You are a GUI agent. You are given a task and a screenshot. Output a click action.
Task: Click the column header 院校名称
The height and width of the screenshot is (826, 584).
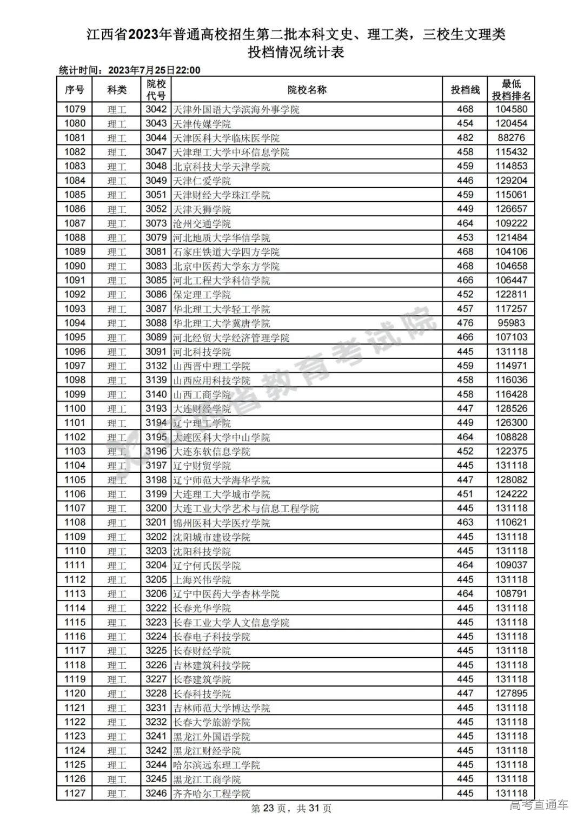point(307,90)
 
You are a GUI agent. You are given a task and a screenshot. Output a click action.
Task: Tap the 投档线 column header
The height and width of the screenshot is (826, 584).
point(465,90)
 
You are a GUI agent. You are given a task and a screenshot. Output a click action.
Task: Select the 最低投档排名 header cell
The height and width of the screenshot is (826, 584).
point(511,90)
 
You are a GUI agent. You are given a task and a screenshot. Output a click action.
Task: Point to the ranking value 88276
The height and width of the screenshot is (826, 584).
point(511,138)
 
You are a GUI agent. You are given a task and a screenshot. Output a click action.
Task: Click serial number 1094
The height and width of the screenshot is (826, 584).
point(75,323)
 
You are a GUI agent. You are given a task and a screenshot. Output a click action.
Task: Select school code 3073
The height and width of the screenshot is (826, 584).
point(156,223)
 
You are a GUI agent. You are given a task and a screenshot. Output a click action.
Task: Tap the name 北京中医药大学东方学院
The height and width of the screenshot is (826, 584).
point(226,266)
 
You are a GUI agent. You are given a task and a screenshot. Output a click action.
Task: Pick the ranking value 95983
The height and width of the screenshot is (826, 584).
point(511,323)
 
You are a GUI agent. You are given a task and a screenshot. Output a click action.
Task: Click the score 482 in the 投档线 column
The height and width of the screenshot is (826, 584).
point(465,138)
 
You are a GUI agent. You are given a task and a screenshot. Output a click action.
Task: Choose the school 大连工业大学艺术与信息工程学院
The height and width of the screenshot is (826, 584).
point(245,508)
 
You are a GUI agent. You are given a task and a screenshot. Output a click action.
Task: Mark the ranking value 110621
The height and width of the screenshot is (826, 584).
point(511,523)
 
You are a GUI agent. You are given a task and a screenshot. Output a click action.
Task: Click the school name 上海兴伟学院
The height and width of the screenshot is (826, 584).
point(202,580)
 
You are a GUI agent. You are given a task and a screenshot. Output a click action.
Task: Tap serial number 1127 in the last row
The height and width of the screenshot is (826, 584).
point(75,794)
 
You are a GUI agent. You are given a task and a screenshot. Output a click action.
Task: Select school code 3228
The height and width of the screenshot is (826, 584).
point(156,693)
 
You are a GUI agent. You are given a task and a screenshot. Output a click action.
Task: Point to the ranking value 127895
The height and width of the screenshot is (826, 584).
point(511,693)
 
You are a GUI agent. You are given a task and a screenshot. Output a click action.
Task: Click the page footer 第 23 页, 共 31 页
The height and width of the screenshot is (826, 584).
point(291,809)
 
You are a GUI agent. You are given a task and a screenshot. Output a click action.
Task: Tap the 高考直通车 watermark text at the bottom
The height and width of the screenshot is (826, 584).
point(539,805)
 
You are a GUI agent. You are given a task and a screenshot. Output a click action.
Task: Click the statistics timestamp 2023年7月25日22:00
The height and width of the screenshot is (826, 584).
point(154,70)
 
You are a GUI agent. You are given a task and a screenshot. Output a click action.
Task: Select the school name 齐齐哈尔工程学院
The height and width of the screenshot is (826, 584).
point(211,794)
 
